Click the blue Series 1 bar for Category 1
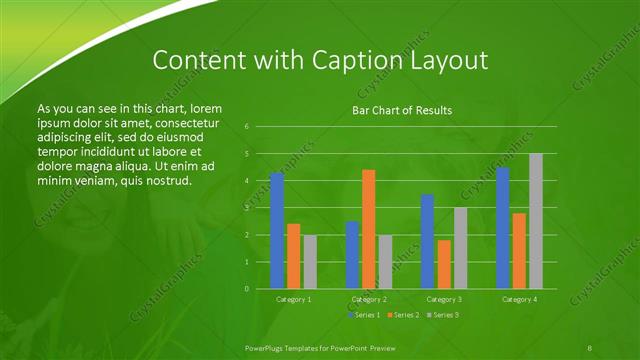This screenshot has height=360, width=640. (277, 230)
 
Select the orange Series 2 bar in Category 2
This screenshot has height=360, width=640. (368, 229)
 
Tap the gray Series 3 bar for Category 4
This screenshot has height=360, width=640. (536, 221)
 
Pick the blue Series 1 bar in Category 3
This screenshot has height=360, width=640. (427, 241)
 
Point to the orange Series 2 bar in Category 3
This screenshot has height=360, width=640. (444, 264)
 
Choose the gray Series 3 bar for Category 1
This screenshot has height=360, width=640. (310, 261)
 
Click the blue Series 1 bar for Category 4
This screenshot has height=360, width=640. (503, 227)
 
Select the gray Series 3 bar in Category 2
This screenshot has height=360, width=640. (385, 261)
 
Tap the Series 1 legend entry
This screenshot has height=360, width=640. (363, 315)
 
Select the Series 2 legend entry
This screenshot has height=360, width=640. (401, 315)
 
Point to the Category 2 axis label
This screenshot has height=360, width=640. (369, 299)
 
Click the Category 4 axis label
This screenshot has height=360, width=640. (519, 299)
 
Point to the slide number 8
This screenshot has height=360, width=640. (590, 346)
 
